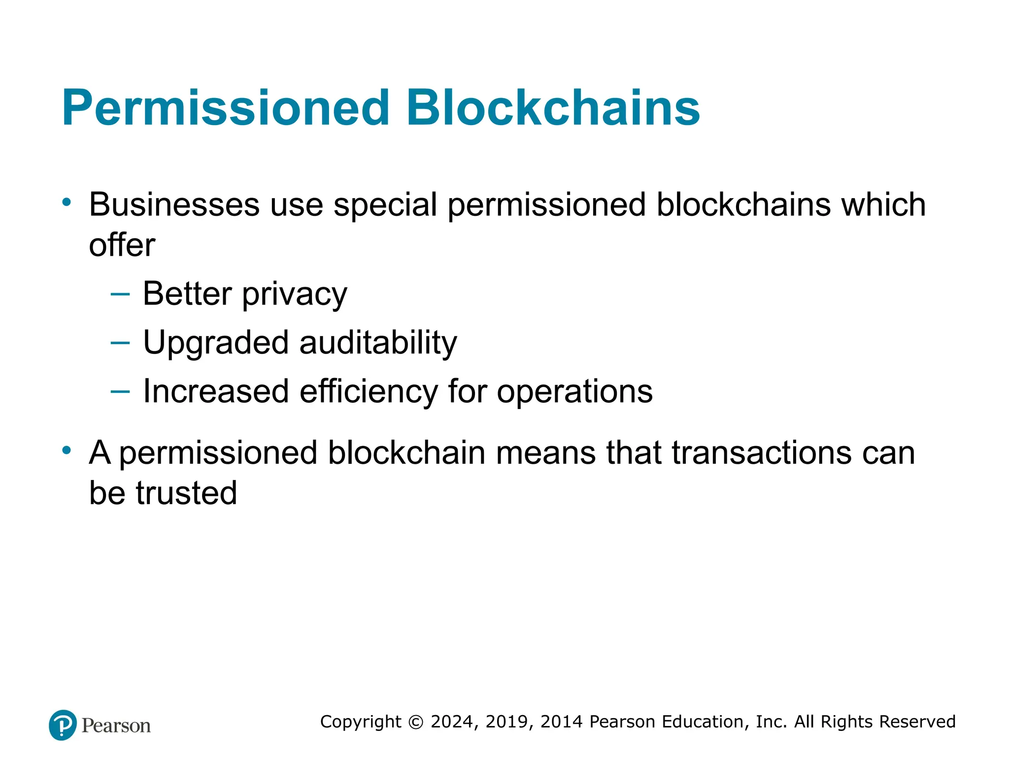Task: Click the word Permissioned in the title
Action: point(226,108)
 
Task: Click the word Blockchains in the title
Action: point(553,108)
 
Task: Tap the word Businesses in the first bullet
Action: point(174,205)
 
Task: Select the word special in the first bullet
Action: point(385,206)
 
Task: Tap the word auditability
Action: point(378,343)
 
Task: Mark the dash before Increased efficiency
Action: point(120,392)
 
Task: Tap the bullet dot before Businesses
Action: point(67,202)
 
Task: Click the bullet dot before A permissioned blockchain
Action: point(67,450)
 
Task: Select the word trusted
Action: point(186,493)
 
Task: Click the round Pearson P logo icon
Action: point(63,725)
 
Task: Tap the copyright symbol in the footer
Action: point(416,722)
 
